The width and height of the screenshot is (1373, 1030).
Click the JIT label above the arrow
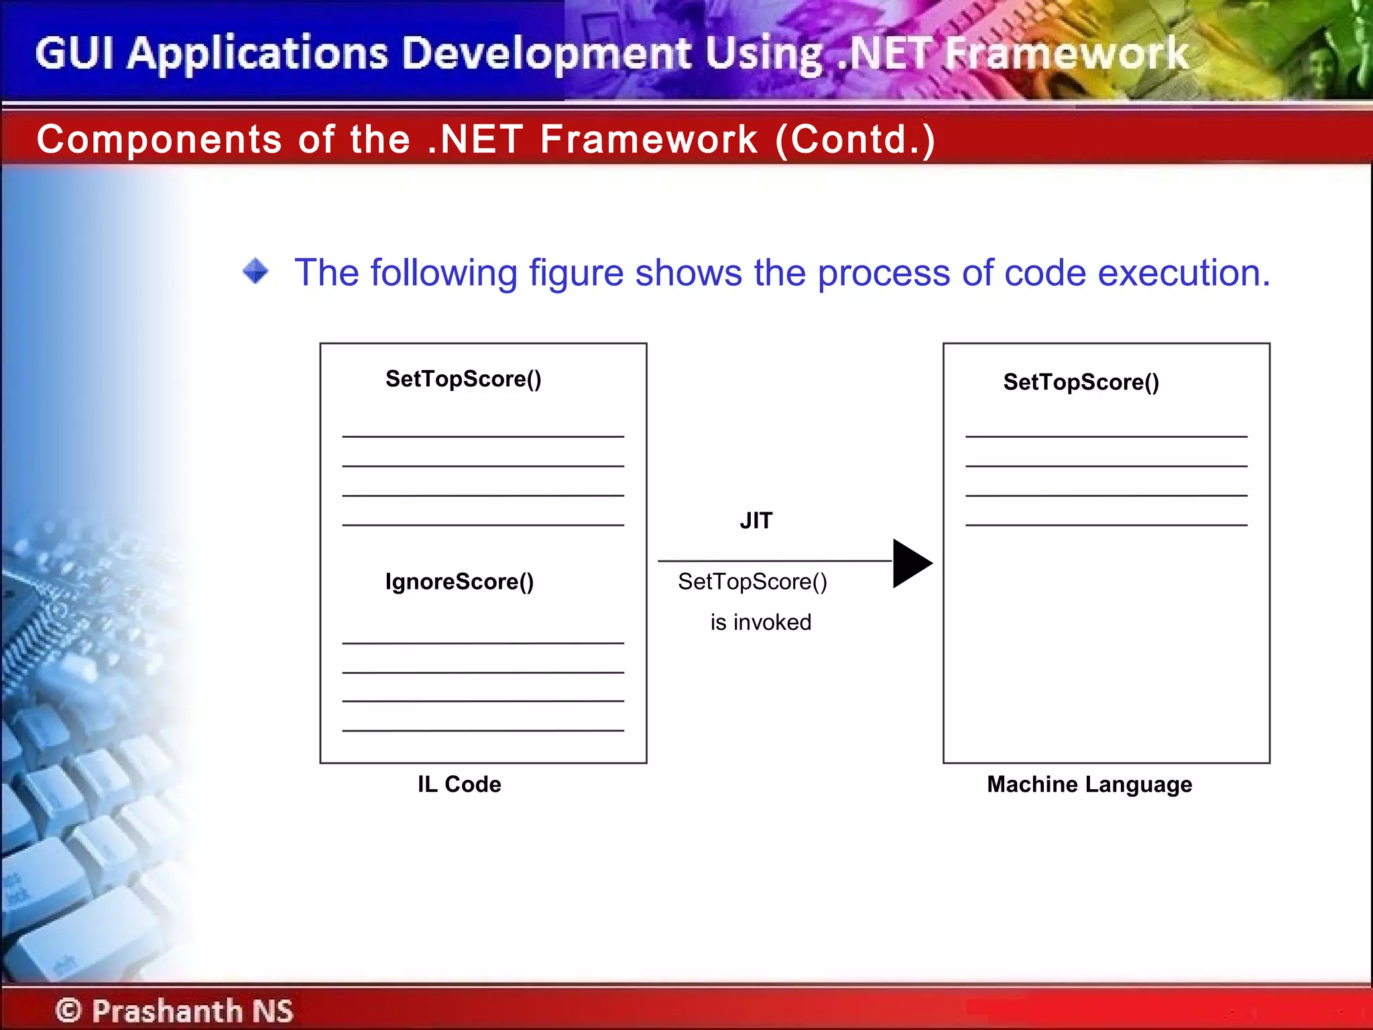coord(756,521)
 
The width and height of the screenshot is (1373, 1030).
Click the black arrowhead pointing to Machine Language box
coord(911,563)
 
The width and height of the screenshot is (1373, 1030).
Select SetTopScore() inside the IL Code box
coord(463,379)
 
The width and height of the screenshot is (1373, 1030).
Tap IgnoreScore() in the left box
coord(459,581)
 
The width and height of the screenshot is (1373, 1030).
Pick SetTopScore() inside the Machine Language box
coord(1081,382)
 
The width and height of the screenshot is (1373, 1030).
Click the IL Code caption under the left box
coord(459,784)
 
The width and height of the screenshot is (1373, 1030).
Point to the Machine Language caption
coord(1089,784)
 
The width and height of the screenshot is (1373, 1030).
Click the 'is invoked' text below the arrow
coord(760,622)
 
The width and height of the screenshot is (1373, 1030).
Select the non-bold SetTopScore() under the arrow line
coord(752,581)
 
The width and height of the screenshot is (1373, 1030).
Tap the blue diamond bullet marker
coord(255,272)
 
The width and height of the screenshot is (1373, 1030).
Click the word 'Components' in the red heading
coord(159,139)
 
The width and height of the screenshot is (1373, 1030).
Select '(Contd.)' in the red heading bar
coord(855,139)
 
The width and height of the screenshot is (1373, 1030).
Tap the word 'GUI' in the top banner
coord(74,54)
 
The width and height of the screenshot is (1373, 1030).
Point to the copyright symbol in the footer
coord(68,1011)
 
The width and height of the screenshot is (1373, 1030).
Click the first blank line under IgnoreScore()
coord(483,643)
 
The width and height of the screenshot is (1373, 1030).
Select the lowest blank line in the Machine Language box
coord(1106,525)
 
